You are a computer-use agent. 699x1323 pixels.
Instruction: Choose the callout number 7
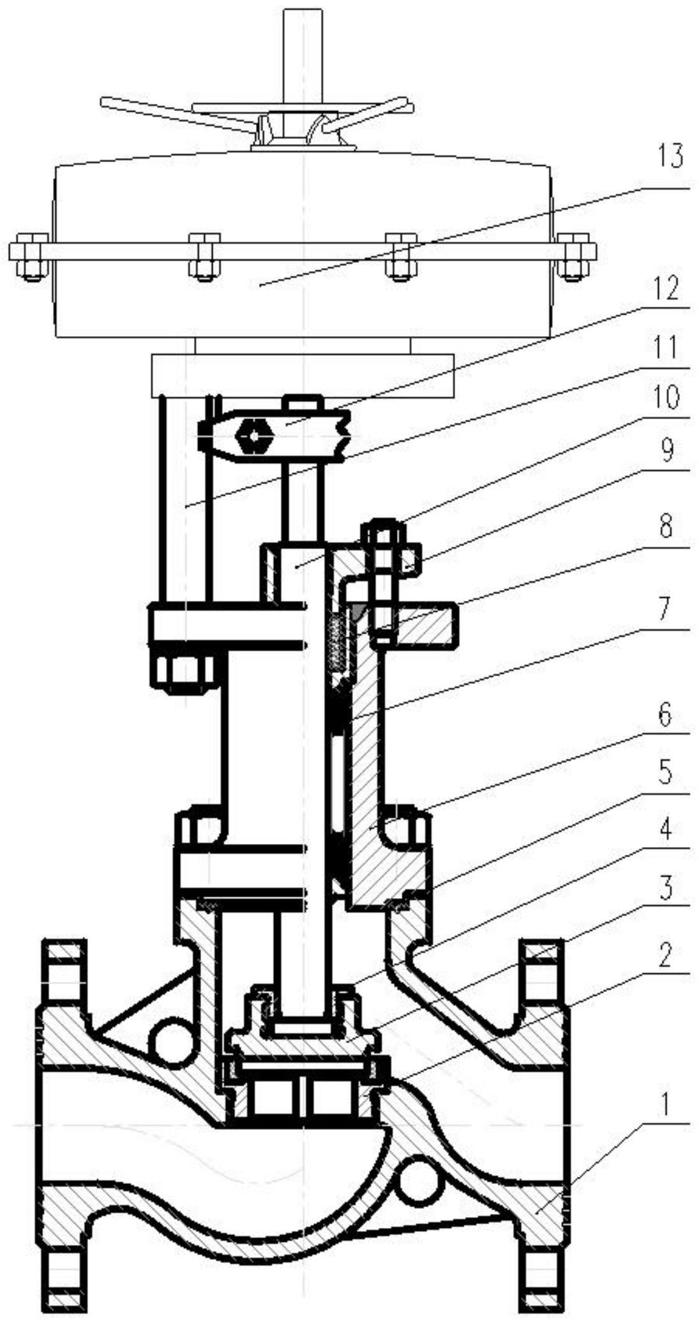pyautogui.click(x=665, y=611)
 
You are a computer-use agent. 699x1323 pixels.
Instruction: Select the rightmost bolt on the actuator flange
pyautogui.click(x=575, y=256)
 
